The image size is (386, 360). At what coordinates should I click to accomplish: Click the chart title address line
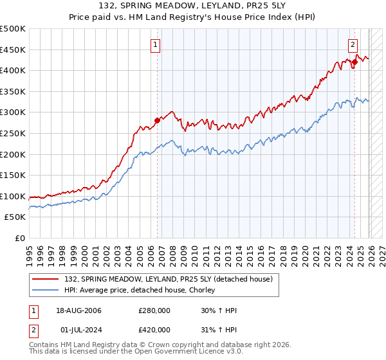192,7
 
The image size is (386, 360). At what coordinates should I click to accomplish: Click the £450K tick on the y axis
13,50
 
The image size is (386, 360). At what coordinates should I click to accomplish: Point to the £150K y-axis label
13,175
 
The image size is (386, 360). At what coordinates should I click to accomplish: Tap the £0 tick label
19,238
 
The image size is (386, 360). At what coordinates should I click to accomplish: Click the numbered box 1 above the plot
156,45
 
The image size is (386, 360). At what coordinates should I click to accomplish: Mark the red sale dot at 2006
157,120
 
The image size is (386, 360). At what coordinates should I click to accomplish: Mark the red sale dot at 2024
354,62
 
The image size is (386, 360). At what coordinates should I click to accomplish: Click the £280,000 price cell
155,310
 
